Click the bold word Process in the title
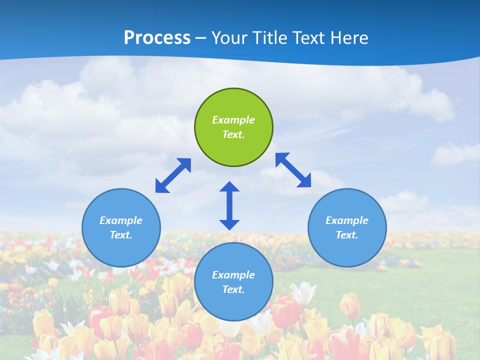(x=157, y=38)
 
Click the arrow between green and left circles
(x=173, y=175)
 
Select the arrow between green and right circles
(x=293, y=170)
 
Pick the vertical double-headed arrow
(x=229, y=205)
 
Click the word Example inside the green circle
(x=233, y=120)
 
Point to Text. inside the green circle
(x=233, y=134)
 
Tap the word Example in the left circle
(x=121, y=220)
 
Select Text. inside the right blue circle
(x=347, y=235)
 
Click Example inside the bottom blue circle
(x=233, y=275)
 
